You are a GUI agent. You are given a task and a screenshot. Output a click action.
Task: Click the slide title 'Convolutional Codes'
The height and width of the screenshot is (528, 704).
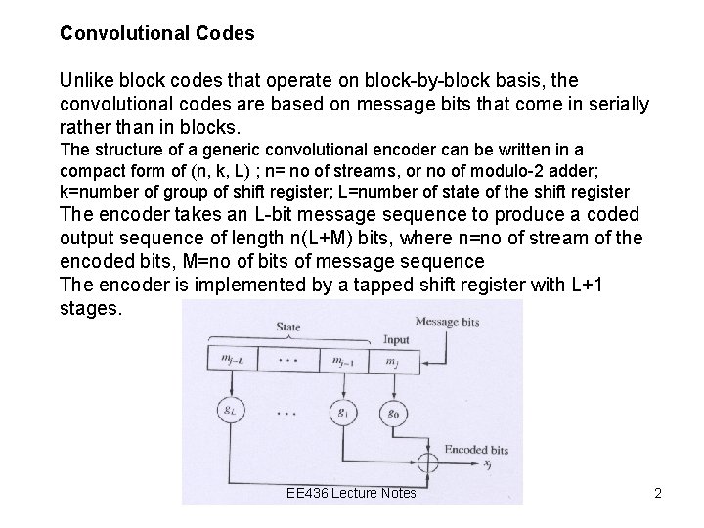156,33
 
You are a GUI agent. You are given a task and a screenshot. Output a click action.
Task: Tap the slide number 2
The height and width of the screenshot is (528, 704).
658,493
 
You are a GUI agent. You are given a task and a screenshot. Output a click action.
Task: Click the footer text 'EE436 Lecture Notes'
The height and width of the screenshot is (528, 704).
352,493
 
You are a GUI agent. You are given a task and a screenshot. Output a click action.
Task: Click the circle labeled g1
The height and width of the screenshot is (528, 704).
342,411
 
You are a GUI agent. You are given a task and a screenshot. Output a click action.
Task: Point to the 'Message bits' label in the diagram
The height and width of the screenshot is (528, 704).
448,321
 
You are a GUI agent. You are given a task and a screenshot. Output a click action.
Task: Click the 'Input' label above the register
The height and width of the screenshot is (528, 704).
395,341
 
